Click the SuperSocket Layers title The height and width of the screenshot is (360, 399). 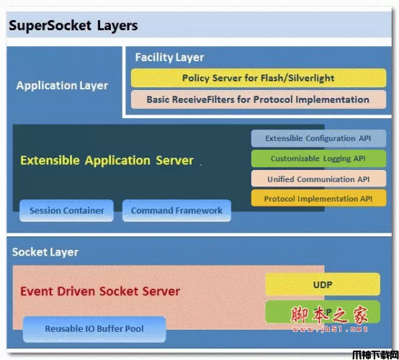[73, 27]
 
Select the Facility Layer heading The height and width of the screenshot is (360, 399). [169, 57]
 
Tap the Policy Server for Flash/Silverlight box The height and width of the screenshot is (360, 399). [257, 78]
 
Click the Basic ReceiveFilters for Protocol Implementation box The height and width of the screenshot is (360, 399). [257, 99]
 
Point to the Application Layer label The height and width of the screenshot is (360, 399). [62, 86]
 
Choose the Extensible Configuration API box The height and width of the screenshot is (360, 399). [318, 138]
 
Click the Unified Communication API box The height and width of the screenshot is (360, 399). [318, 179]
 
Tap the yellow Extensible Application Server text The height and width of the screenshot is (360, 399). [107, 160]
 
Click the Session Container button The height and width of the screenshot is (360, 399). [66, 211]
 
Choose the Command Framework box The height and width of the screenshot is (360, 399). [177, 211]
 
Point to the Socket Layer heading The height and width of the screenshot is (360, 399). [45, 252]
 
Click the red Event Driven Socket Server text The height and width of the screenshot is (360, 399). [100, 292]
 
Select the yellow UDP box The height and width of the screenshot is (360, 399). [323, 284]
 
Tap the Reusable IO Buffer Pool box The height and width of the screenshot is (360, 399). [94, 329]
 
